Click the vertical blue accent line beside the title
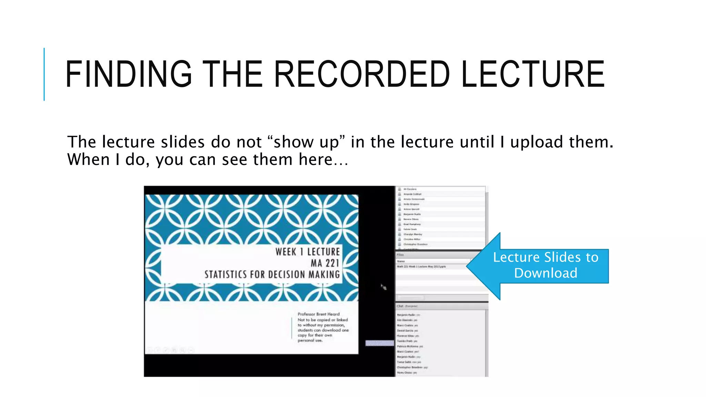(x=44, y=74)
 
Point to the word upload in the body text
(x=536, y=142)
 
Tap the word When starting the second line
(x=88, y=160)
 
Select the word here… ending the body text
(x=323, y=160)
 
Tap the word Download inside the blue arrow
(x=545, y=273)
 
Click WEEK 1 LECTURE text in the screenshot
(x=307, y=252)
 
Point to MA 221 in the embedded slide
(x=325, y=263)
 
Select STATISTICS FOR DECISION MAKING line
(x=272, y=275)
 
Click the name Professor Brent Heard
(x=319, y=314)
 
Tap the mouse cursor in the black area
(x=383, y=287)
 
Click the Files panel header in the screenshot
(x=401, y=255)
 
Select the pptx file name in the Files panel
(x=421, y=267)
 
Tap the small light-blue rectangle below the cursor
(x=380, y=343)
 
